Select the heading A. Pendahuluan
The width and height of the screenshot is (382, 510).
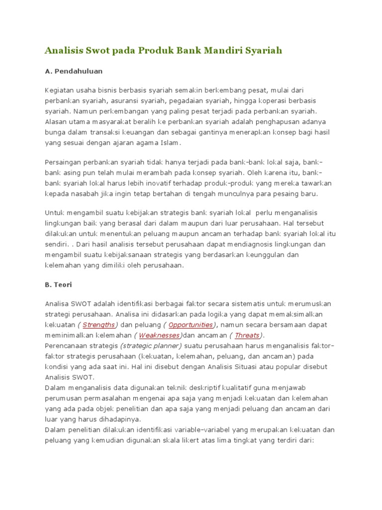tap(74, 71)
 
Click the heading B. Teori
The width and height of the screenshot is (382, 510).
tap(59, 285)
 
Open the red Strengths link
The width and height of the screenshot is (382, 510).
tap(98, 325)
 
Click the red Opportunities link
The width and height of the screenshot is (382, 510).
tap(191, 325)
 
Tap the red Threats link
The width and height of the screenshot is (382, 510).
tap(247, 335)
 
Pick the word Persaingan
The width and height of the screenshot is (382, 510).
tap(64, 163)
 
